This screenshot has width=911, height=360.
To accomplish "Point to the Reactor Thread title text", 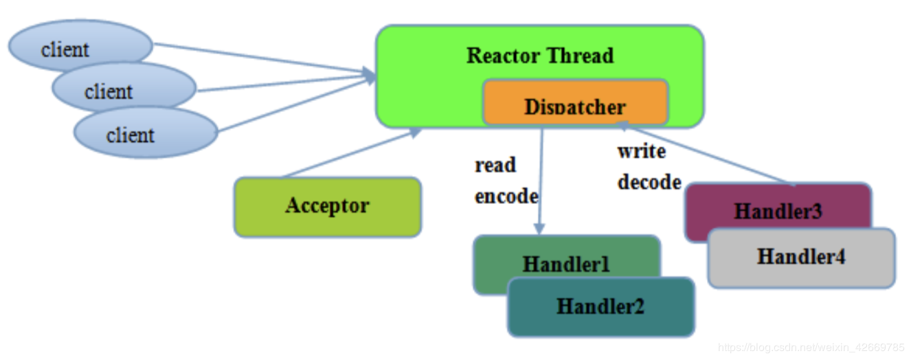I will coord(540,56).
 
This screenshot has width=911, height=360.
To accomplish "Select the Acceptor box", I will coord(327,206).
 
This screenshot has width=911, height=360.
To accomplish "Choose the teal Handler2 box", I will coord(600,307).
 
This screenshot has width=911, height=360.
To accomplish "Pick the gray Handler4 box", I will coord(801,258).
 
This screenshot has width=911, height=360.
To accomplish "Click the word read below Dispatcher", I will coord(495,166).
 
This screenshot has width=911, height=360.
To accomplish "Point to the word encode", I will coord(506,196).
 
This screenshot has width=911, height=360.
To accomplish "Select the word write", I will coord(641,151).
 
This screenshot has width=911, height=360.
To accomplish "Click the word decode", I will coord(649,182).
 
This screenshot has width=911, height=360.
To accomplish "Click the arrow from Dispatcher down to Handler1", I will coord(541,179).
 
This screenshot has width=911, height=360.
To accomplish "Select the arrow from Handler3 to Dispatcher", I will coord(708,155).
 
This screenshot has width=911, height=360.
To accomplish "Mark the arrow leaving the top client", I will coord(261,58).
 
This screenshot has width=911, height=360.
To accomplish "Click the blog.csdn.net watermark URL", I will coord(811,347).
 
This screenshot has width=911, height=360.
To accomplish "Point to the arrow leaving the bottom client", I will coord(295,103).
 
